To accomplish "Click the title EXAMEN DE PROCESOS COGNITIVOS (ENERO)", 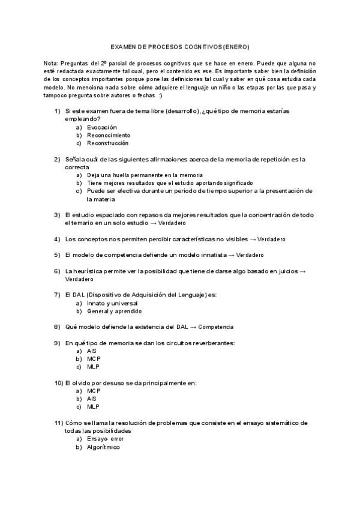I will (180, 47).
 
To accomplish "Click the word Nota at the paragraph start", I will (51, 63).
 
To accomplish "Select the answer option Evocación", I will (101, 127).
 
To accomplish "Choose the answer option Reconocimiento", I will (109, 135).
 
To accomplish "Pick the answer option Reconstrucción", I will (107, 143).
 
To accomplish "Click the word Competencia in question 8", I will (215, 327).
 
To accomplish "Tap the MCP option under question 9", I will (94, 358).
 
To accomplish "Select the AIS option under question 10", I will (92, 398).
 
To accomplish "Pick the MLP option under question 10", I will (93, 406).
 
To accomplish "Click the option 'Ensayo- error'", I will (105, 439).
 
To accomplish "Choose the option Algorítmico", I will (103, 447).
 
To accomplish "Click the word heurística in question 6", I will (88, 271).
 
